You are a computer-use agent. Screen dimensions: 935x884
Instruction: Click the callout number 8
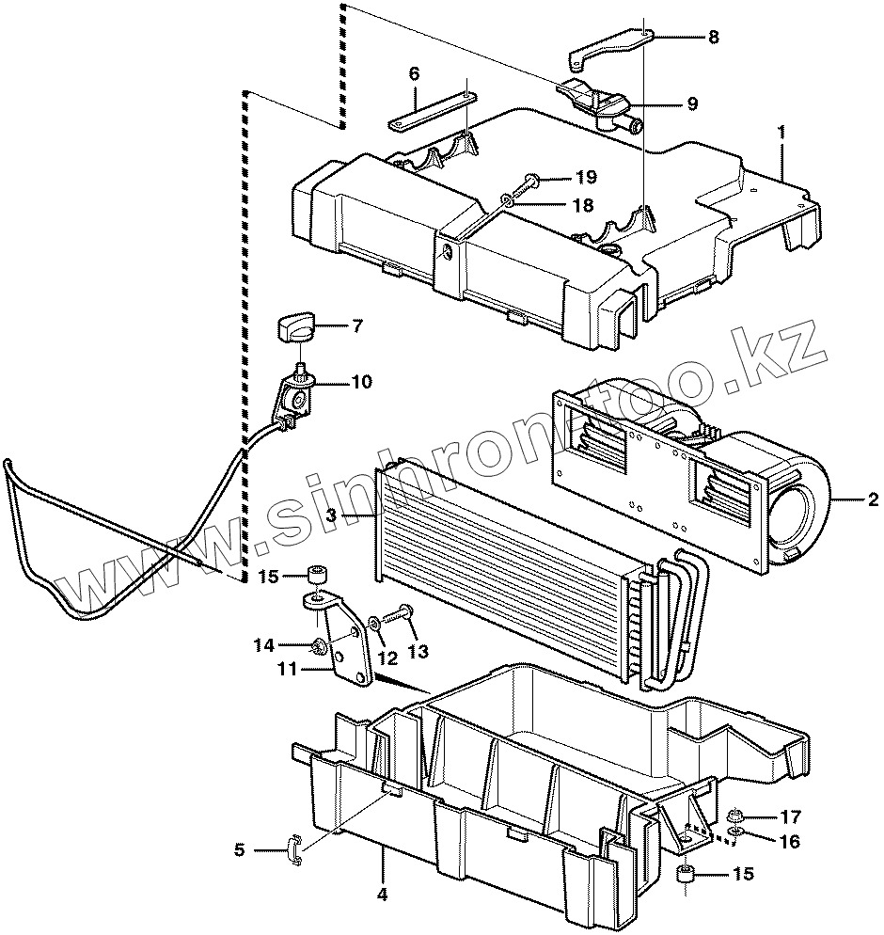[713, 39]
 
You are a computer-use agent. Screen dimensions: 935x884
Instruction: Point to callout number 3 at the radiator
[331, 515]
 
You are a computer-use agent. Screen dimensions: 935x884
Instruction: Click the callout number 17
[789, 815]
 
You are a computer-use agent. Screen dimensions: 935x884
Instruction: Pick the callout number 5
[240, 850]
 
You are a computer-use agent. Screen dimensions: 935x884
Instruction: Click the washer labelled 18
[507, 198]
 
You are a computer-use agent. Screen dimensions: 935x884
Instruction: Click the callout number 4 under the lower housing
[382, 895]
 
